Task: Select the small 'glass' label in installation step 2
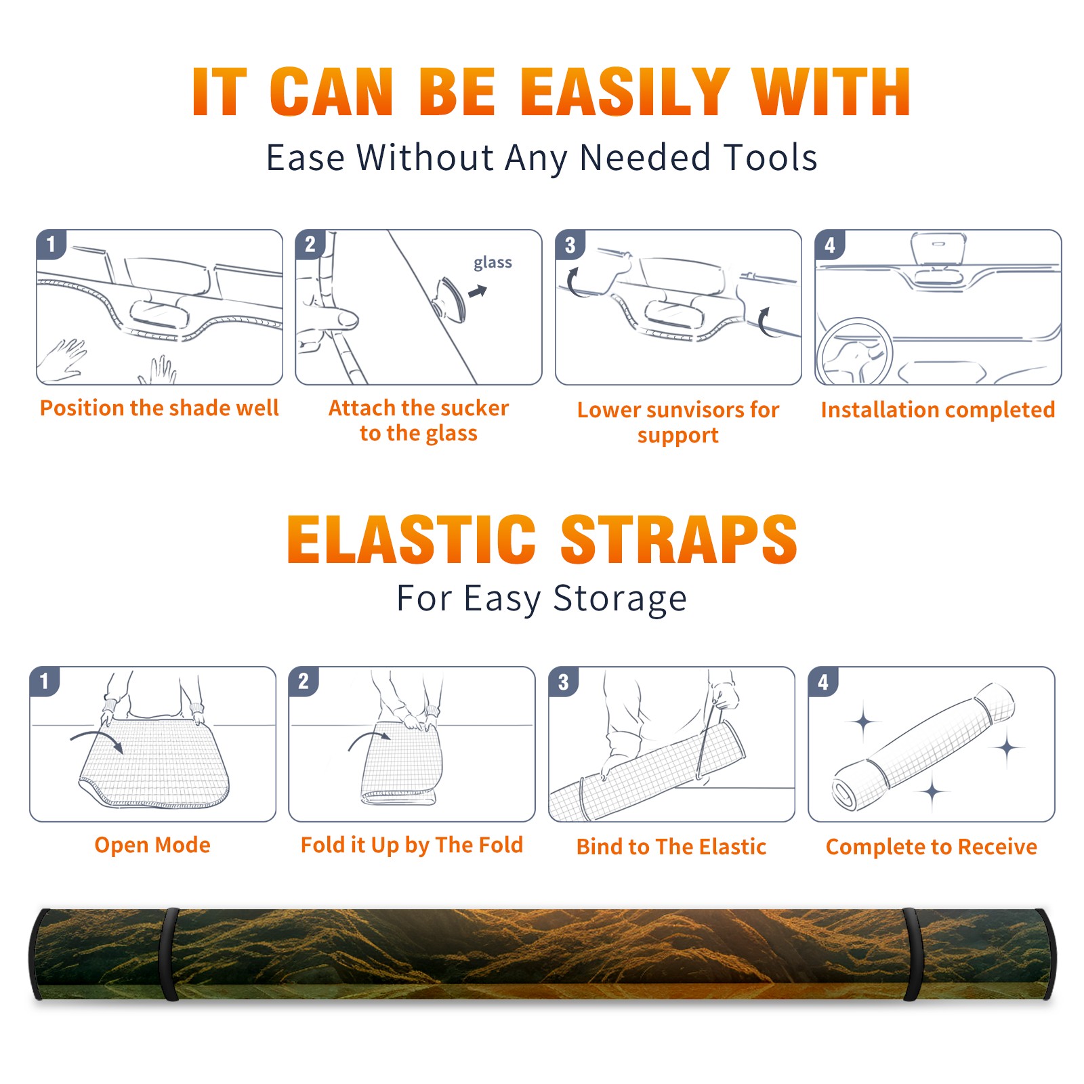tap(493, 262)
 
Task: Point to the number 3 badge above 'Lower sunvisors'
tap(570, 245)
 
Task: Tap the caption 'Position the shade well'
tap(159, 408)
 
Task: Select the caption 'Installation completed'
tap(938, 409)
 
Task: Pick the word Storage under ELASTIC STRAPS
tap(620, 599)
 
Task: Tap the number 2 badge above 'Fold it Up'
tap(304, 681)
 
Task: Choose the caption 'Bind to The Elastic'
tap(671, 846)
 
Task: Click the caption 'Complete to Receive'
tap(931, 846)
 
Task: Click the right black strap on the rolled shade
tap(913, 954)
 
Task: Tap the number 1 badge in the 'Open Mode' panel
tap(45, 681)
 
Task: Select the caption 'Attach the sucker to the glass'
tap(418, 420)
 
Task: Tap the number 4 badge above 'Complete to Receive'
tap(823, 681)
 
